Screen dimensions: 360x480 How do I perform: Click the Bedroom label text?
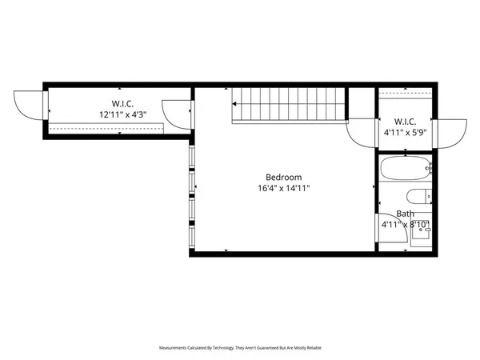click(283, 177)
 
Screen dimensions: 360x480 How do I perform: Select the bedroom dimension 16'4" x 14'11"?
click(283, 189)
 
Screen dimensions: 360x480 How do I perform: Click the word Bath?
click(406, 214)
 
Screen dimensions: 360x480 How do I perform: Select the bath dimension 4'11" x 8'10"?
click(406, 225)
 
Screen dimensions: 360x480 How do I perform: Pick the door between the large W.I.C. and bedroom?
click(177, 113)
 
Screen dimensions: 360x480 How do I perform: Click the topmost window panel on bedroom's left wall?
click(191, 157)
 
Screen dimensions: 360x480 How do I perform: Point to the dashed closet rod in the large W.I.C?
click(104, 126)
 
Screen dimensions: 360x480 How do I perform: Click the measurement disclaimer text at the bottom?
click(239, 348)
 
